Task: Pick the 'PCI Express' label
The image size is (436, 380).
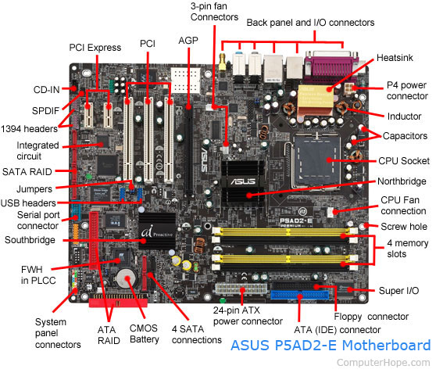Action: (x=95, y=48)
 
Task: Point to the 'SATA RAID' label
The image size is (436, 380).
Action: (x=30, y=169)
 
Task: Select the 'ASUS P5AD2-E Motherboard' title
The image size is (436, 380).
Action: (x=330, y=346)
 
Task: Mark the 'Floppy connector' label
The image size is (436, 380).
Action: (x=370, y=317)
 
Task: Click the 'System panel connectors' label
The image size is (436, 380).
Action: (x=58, y=333)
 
